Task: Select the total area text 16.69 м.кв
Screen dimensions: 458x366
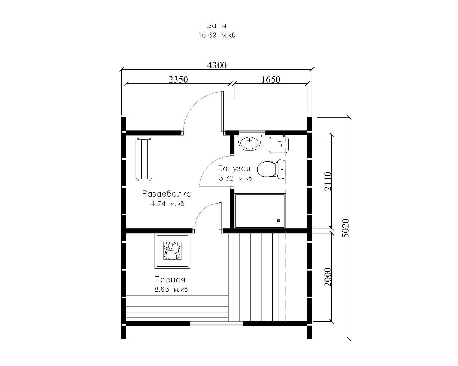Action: (217, 35)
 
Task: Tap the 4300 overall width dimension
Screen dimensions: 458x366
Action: (217, 65)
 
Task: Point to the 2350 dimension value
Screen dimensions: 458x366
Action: (178, 80)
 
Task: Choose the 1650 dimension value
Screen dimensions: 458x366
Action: (271, 80)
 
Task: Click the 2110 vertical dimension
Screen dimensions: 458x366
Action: (328, 182)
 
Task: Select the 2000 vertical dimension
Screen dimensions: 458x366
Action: (328, 277)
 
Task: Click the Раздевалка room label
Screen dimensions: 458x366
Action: (166, 194)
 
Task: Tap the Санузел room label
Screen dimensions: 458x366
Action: (234, 168)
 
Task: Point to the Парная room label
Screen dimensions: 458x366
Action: (170, 280)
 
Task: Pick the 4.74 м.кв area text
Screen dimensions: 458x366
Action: (167, 204)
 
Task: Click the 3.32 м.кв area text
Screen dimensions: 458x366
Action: (235, 178)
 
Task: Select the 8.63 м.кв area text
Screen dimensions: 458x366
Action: (171, 290)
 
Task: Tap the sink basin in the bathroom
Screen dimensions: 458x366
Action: (249, 142)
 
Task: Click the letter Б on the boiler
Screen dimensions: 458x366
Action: (279, 145)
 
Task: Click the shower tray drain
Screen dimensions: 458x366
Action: (279, 221)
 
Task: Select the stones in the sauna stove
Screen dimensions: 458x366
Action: (172, 251)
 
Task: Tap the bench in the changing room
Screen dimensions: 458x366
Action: (144, 159)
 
